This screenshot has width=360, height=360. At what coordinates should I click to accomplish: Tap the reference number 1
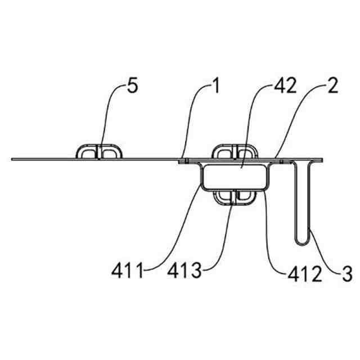214,87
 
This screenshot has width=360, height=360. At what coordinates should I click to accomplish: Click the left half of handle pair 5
87,152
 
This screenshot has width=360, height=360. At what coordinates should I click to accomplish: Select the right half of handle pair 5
110,152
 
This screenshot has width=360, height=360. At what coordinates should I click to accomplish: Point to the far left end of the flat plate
13,159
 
